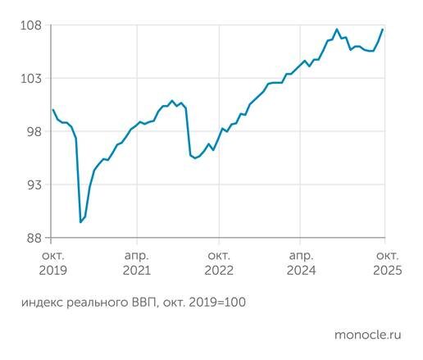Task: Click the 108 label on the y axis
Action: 30,25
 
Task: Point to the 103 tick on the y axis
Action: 30,79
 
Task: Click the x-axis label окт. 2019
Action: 52,262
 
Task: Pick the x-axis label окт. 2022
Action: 219,262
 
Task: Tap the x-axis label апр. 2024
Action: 301,262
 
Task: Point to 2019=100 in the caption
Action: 218,303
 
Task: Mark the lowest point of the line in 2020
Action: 80,222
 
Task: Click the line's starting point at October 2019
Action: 52,110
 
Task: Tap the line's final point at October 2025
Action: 383,30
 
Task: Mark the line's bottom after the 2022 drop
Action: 195,157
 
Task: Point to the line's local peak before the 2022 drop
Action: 172,101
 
